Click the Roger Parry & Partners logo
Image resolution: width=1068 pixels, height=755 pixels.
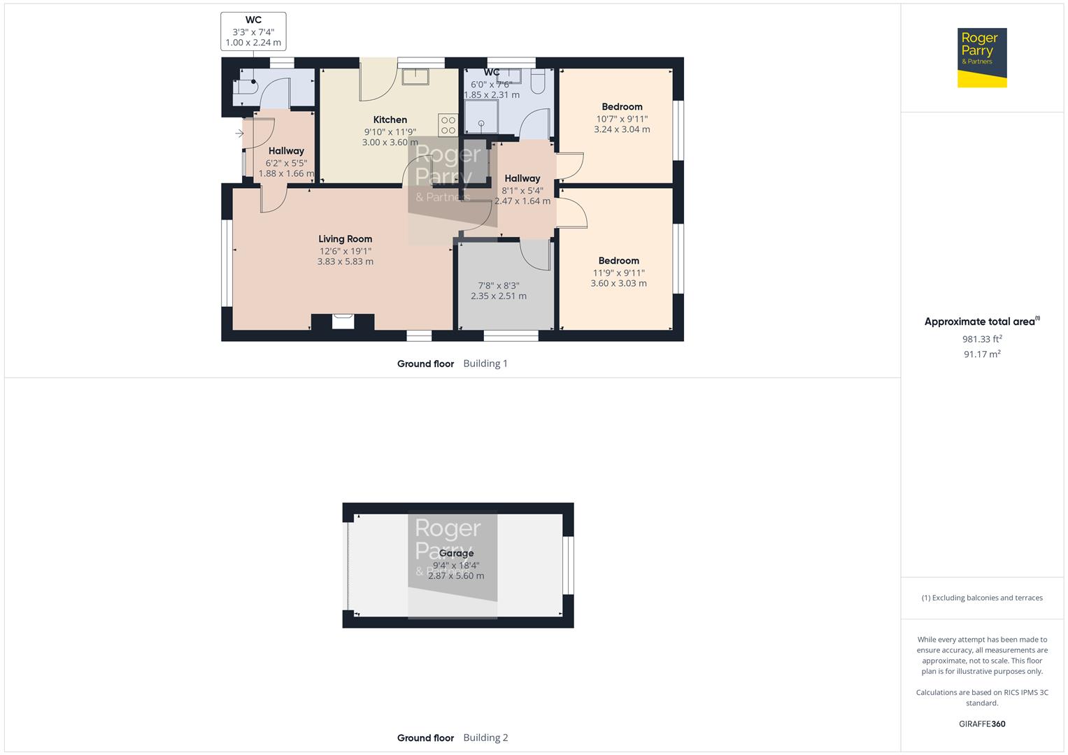coord(981,57)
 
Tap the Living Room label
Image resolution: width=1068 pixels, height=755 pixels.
coord(345,239)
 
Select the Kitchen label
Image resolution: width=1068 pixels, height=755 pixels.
coord(390,120)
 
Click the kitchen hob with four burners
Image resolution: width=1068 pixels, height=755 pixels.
coord(448,125)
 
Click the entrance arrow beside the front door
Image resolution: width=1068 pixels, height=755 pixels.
coord(239,134)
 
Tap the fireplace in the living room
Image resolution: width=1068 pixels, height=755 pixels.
coord(343,322)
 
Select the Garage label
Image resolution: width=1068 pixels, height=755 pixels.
coord(456,553)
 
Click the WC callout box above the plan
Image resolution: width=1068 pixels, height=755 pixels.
coord(253,31)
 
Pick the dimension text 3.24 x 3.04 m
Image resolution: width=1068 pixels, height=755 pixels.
coord(622,129)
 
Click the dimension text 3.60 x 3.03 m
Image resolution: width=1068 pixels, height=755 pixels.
coord(618,283)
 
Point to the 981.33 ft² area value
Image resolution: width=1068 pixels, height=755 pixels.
coord(981,339)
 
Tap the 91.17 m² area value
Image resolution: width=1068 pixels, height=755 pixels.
coord(981,354)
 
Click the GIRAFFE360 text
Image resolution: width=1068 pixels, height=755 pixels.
coord(981,724)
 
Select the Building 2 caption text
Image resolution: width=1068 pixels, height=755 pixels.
coord(485,738)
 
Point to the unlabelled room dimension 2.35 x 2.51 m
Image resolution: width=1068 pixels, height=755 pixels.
coord(498,296)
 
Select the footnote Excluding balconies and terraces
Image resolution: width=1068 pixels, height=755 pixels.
coord(981,598)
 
